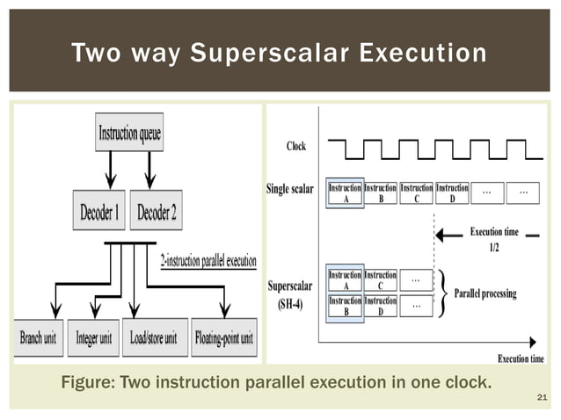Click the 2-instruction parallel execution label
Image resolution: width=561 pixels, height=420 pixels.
coord(208,261)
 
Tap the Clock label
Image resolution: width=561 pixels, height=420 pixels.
coord(296,146)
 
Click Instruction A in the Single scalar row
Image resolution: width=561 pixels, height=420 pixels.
coord(344,192)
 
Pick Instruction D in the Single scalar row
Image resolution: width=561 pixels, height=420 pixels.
coord(452,192)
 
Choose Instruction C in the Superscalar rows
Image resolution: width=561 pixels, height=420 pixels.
coord(380,280)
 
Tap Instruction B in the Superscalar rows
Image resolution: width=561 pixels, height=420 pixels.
coord(344,305)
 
